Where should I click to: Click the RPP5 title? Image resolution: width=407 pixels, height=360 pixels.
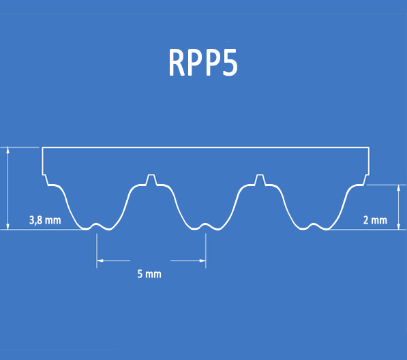coord(203,62)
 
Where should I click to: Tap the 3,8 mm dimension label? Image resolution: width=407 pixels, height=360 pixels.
coord(45,220)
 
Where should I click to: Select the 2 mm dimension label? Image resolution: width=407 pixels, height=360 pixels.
coord(375,220)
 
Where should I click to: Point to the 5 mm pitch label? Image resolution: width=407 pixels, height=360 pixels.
coord(149,274)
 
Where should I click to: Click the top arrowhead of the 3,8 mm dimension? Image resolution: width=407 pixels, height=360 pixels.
coord(7,149)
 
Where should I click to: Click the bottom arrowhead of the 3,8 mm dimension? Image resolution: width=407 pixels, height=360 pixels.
coord(7,226)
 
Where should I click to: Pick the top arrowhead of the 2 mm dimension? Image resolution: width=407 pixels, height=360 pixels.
coord(399,188)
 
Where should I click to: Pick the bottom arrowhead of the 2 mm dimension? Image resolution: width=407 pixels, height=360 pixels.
coord(399,226)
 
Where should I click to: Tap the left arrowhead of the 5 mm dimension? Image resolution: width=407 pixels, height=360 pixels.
coord(100,260)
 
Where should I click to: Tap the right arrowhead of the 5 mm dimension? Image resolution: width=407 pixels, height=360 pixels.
coord(202,260)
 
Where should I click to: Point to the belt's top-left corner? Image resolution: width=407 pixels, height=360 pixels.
coord(42,147)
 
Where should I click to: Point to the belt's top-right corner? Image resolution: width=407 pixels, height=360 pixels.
coord(369,147)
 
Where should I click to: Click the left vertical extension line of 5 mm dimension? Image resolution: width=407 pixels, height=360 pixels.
coord(97,251)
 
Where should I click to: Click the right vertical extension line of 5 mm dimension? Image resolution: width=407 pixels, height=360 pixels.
coord(206,251)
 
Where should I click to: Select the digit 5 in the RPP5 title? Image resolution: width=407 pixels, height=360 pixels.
coord(230,63)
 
